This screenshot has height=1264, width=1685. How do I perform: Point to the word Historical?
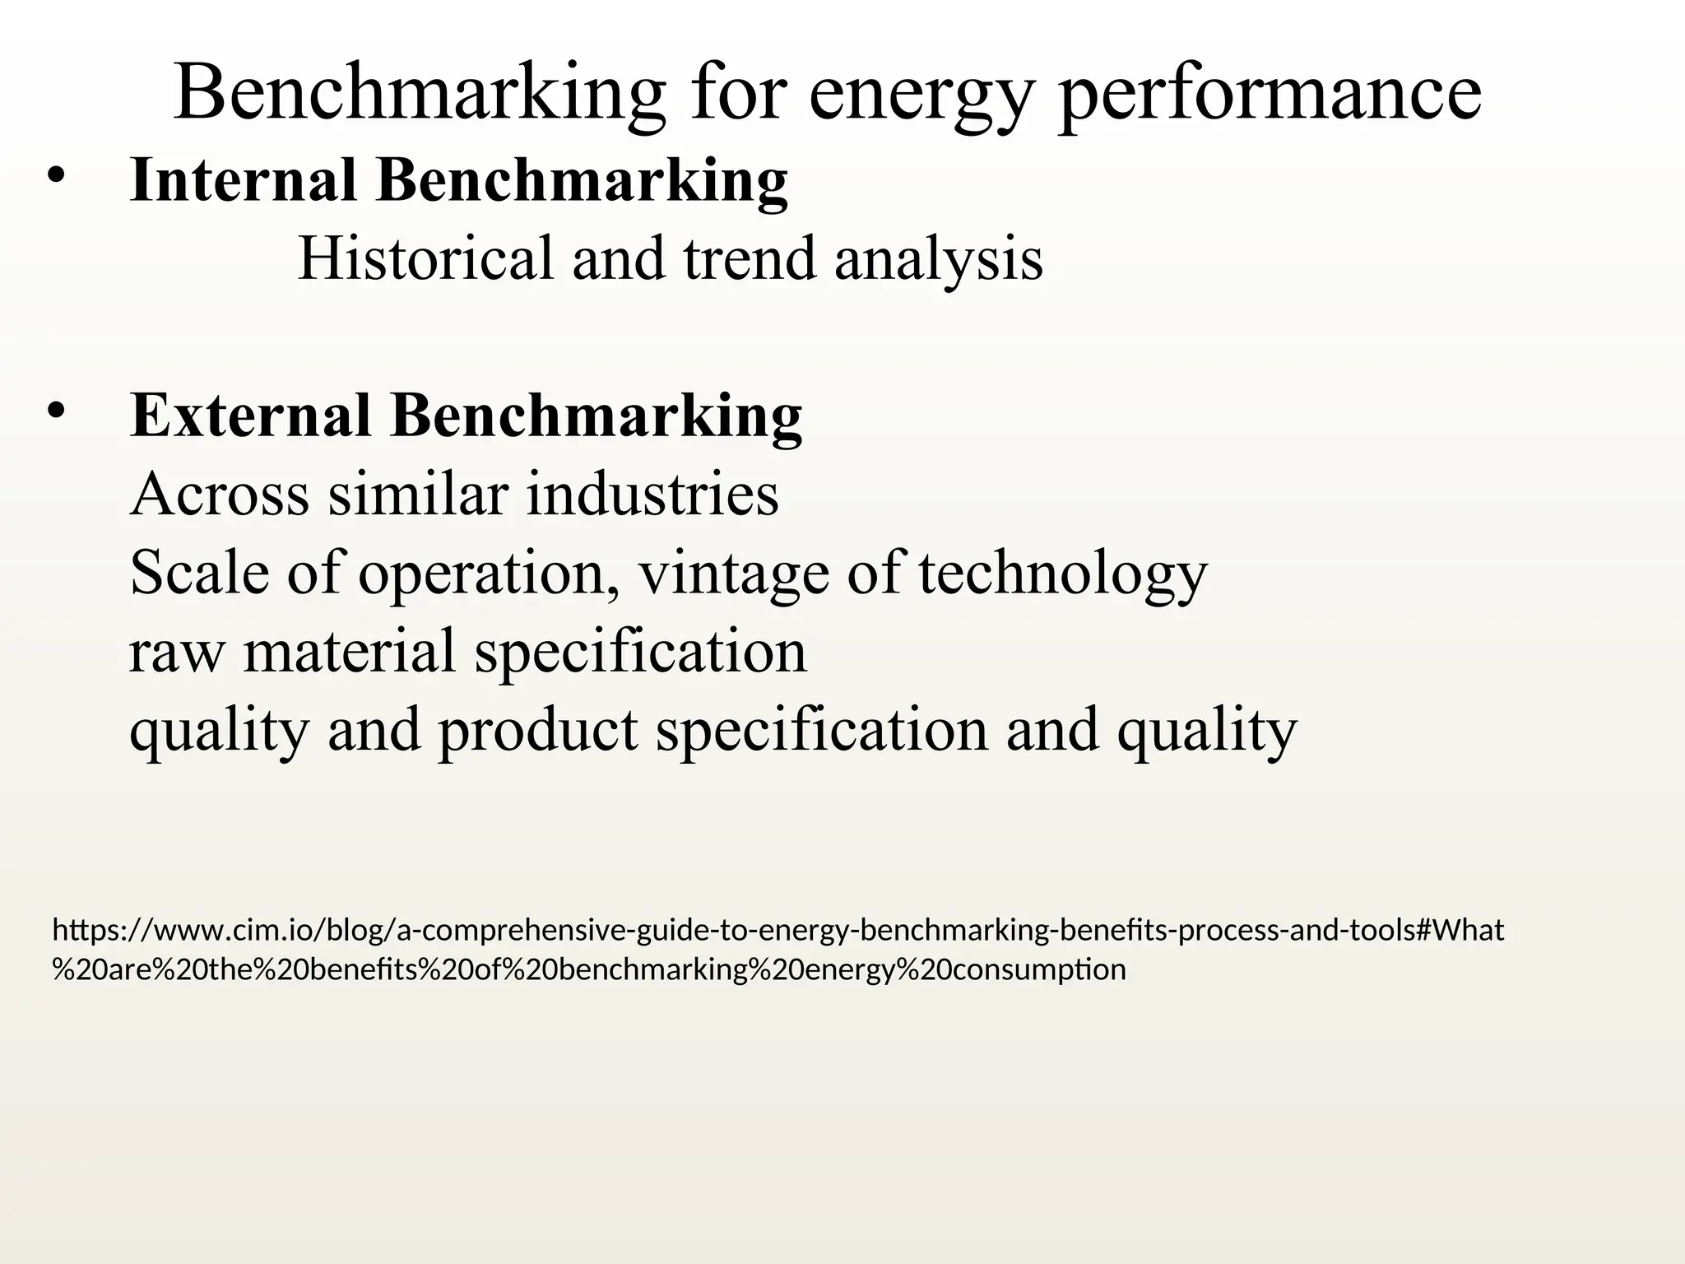(x=425, y=258)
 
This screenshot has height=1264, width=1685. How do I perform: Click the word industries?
(x=652, y=494)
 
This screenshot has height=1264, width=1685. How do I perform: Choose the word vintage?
(x=734, y=574)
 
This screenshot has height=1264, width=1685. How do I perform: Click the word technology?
(x=1062, y=574)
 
